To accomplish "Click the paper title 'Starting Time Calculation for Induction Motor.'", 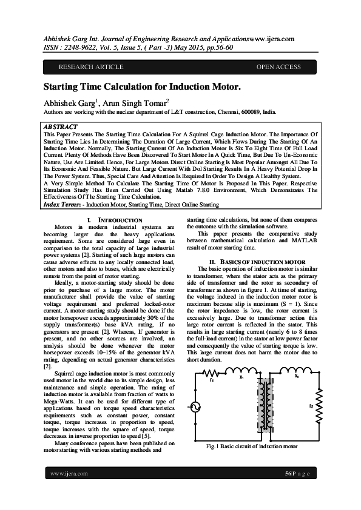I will (x=141, y=87).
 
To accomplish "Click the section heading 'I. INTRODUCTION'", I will (x=115, y=220).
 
